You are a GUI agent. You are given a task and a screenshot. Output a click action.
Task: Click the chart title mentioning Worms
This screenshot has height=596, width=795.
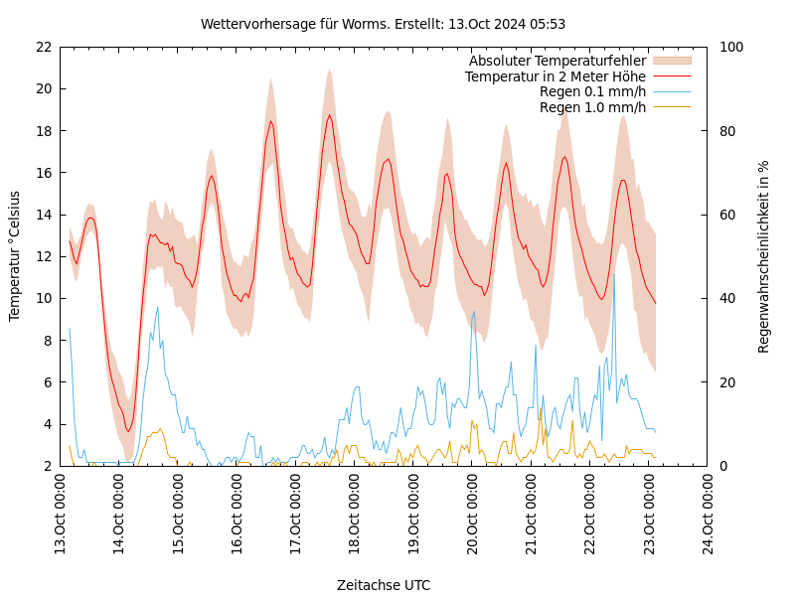(x=383, y=24)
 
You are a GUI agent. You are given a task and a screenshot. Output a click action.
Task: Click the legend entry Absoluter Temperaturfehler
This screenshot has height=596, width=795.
(x=556, y=61)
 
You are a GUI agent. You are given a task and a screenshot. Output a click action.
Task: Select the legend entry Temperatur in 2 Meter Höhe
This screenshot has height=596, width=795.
(x=555, y=76)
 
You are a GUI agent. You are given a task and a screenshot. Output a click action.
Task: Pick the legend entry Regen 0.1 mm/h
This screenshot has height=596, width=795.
(x=592, y=91)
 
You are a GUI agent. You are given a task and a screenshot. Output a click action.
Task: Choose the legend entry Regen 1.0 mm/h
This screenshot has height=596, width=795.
(x=592, y=107)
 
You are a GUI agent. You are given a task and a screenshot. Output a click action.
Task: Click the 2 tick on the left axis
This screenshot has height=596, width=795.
(x=47, y=466)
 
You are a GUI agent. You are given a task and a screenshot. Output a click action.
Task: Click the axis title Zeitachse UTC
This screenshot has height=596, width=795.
(x=384, y=585)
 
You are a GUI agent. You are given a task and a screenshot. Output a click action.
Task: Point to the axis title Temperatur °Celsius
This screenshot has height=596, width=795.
(x=15, y=255)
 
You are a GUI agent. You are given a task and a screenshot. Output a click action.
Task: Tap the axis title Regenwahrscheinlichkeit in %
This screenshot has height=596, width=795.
(x=764, y=256)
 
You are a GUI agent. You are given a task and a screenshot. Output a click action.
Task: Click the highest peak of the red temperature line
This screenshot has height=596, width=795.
(x=330, y=114)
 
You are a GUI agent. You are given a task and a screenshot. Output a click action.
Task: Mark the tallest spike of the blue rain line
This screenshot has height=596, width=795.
(x=614, y=273)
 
